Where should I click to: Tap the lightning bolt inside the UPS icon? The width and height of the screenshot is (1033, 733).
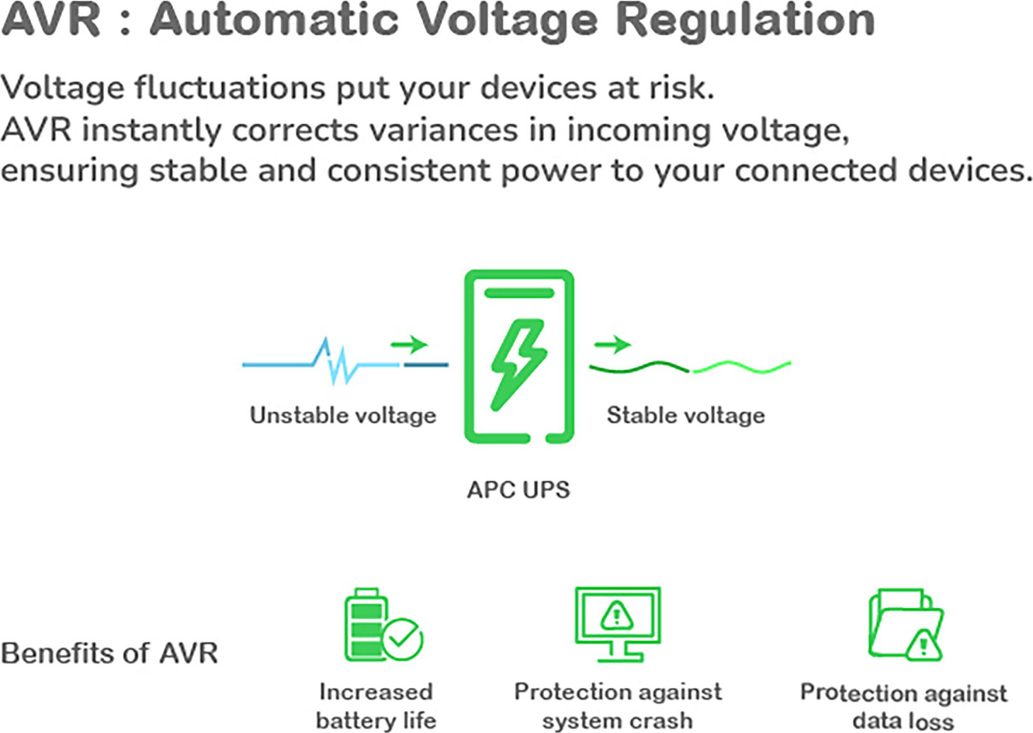[518, 364]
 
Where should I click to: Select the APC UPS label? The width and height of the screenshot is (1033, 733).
[518, 489]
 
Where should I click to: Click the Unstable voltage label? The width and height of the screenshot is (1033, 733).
[342, 415]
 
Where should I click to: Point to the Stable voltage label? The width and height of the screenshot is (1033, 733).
[685, 415]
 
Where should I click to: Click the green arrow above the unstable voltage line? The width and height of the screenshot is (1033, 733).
[409, 344]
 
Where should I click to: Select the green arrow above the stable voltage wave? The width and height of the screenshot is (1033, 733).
[612, 344]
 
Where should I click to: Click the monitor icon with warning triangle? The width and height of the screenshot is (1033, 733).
[617, 623]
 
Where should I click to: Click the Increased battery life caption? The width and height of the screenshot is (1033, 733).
[376, 705]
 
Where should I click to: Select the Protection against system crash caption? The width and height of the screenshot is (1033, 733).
[618, 705]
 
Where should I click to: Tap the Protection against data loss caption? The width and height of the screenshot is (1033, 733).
[903, 706]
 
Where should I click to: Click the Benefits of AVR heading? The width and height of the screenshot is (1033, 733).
[109, 652]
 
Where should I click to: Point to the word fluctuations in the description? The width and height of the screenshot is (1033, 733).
[229, 87]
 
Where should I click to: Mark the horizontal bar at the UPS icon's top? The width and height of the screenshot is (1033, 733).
[518, 293]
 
